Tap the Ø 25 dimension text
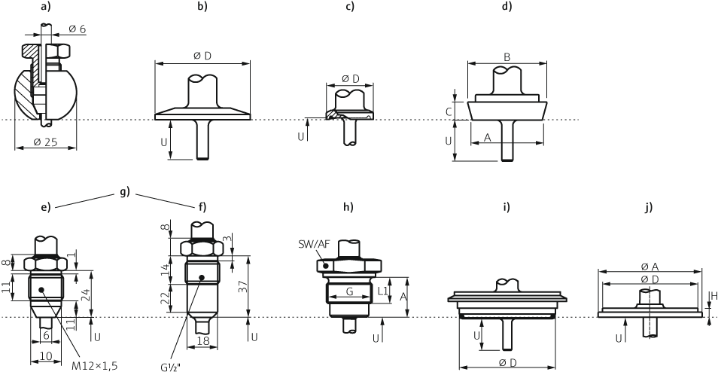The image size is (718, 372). click(45, 142)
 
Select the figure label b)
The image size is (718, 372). click(202, 7)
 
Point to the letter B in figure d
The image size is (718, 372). click(507, 57)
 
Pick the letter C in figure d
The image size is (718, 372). click(449, 111)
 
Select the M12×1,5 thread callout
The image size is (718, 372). click(93, 366)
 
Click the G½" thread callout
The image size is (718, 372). click(170, 366)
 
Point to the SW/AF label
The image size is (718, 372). click(312, 242)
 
